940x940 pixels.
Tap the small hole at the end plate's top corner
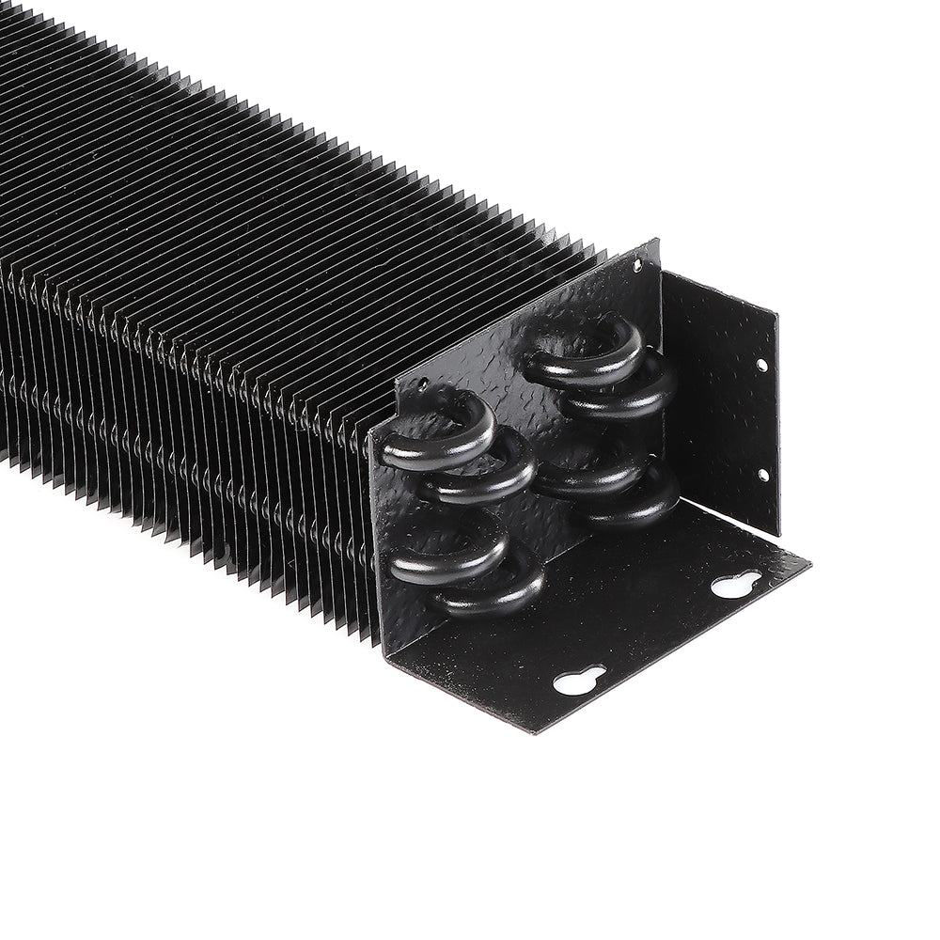(x=638, y=266)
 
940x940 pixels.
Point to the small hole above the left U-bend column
(x=424, y=384)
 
